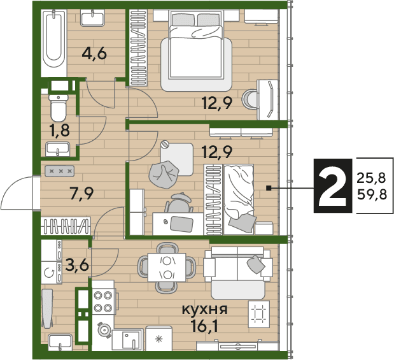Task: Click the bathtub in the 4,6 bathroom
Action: tap(53, 39)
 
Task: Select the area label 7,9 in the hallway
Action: tap(82, 194)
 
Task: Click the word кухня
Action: tap(204, 310)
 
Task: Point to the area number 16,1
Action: tap(204, 326)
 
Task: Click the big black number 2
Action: tap(332, 185)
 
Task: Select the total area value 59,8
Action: tap(372, 194)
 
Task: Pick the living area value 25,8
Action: tap(371, 178)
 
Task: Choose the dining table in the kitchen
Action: tap(167, 268)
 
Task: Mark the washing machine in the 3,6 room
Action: tap(52, 273)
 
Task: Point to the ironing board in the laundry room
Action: tap(46, 308)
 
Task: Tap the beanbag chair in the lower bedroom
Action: tap(164, 175)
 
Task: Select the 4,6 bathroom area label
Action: tap(94, 54)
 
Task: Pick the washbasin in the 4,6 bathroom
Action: tap(92, 18)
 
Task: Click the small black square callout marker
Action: tap(269, 188)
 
